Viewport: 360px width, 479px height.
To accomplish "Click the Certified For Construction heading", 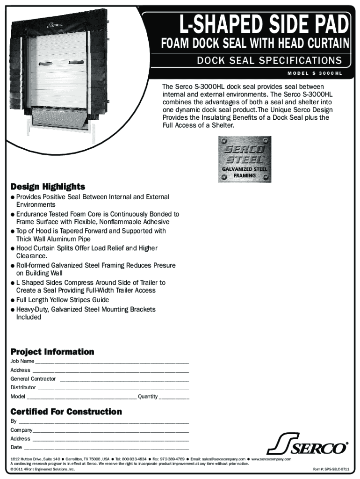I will click(x=66, y=412).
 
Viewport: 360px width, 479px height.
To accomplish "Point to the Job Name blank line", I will click(x=112, y=363).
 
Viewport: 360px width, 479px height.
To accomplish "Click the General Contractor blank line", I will click(x=124, y=380).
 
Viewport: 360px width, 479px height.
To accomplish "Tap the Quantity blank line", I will click(x=174, y=398).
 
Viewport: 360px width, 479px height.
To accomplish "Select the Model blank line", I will click(x=82, y=398).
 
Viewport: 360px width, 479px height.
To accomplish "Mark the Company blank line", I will click(x=111, y=431).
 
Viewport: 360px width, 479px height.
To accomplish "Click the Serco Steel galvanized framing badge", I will click(x=245, y=160).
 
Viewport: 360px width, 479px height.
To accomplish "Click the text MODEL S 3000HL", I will click(x=317, y=73).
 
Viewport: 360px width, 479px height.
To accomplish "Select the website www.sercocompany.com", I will click(x=271, y=459).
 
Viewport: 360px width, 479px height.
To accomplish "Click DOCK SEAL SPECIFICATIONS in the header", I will click(x=269, y=60).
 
